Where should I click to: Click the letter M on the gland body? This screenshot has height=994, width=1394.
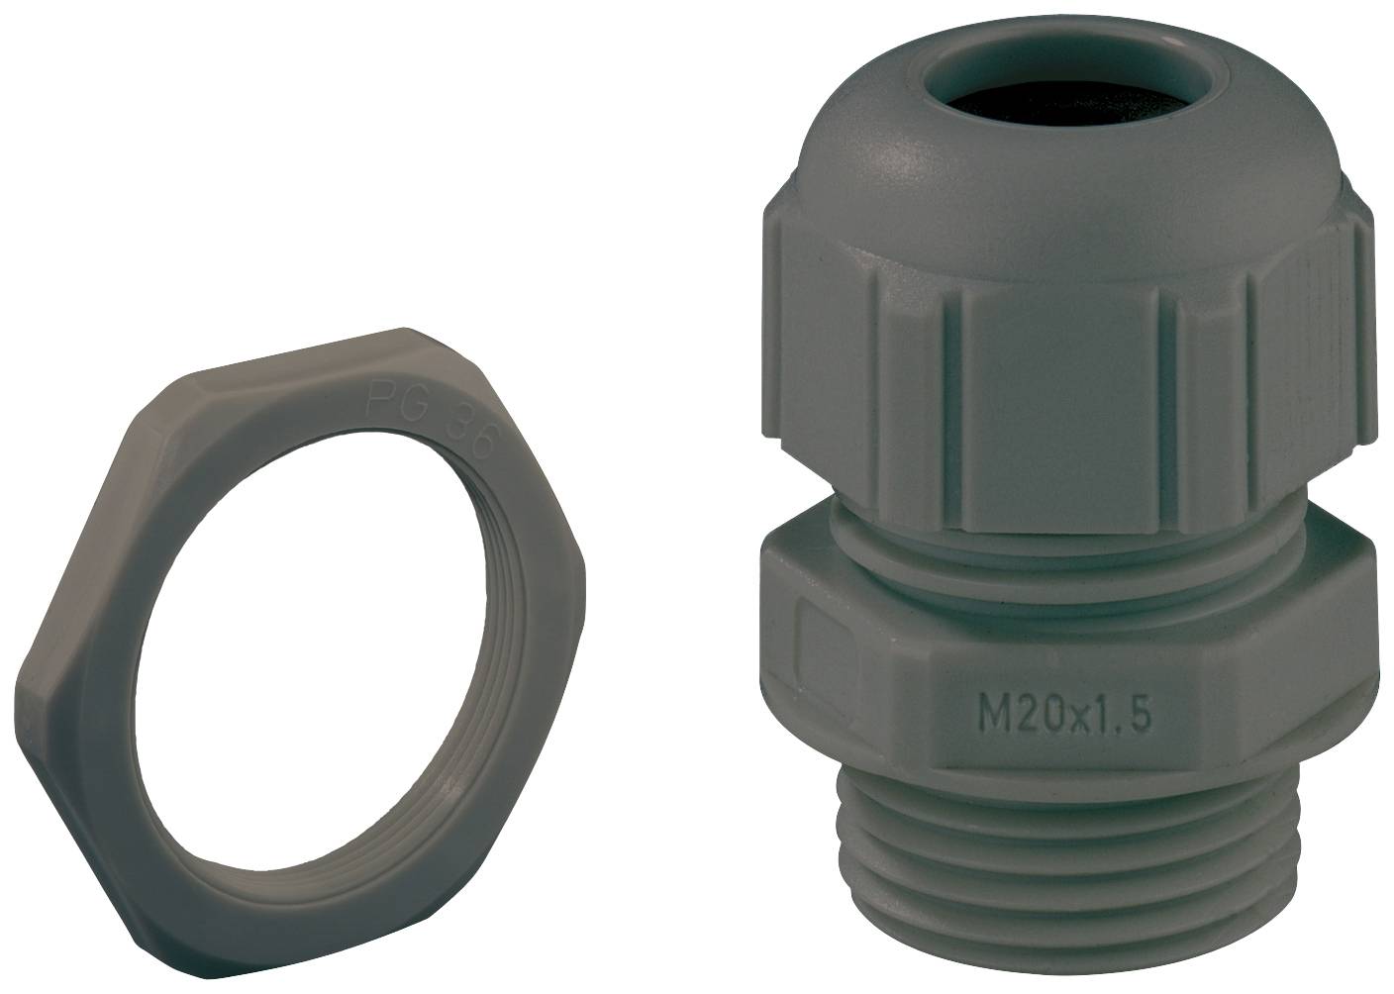tap(980, 711)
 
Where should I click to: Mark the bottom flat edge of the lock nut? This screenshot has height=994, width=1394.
tap(297, 896)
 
